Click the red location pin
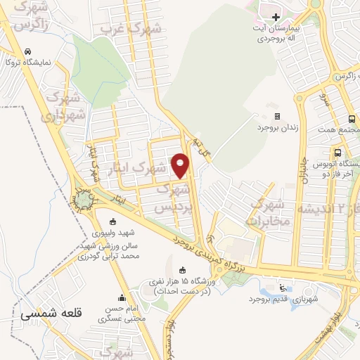(x=181, y=165)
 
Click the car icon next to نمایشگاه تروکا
(x=27, y=52)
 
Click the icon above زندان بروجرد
(x=277, y=117)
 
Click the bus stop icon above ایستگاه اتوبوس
(x=338, y=153)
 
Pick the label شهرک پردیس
(x=172, y=199)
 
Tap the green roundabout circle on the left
(x=85, y=201)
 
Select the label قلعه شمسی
(x=51, y=314)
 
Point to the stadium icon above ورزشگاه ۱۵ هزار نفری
(x=183, y=270)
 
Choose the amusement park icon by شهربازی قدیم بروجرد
(x=283, y=287)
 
